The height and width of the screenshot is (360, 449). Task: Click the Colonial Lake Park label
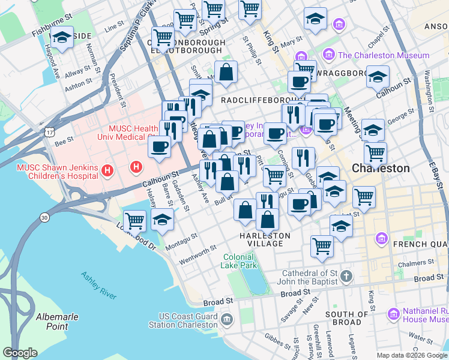pos(240,260)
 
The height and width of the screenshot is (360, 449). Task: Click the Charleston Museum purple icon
pos(329,56)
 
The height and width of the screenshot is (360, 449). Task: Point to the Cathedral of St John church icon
pos(346,276)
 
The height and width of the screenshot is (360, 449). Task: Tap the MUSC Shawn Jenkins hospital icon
pos(108,170)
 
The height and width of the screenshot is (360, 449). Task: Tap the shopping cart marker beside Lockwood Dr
pos(135,221)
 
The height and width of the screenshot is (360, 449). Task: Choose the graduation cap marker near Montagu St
pos(163,221)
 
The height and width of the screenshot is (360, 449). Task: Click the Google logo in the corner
pos(20,353)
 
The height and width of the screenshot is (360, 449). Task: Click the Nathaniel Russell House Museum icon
pos(393,314)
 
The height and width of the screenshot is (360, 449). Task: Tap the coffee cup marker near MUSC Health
pos(159,146)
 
